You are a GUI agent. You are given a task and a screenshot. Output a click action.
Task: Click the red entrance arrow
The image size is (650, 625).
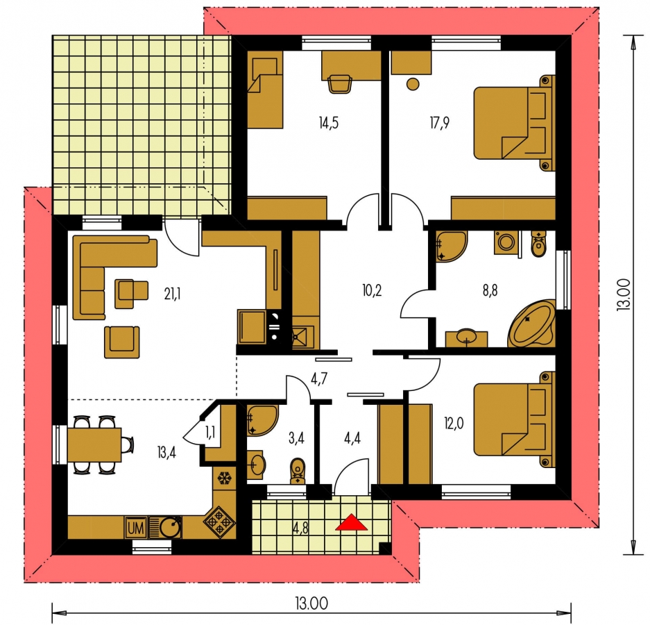pyautogui.click(x=351, y=522)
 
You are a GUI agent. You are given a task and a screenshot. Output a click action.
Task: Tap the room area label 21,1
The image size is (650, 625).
pyautogui.click(x=172, y=294)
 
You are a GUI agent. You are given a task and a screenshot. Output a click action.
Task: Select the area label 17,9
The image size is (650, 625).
pyautogui.click(x=439, y=123)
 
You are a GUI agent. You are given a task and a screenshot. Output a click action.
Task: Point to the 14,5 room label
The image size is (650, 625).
pyautogui.click(x=329, y=123)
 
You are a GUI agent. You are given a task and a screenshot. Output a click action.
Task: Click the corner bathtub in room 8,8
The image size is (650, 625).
pyautogui.click(x=532, y=324)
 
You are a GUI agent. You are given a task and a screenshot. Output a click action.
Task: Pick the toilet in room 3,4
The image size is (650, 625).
pyautogui.click(x=297, y=470)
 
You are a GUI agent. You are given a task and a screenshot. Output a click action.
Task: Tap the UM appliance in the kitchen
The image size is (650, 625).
pyautogui.click(x=136, y=528)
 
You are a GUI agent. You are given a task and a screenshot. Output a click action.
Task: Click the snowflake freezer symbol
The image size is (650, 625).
pyautogui.click(x=224, y=478)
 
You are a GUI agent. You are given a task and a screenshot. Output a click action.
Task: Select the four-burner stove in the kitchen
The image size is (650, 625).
pyautogui.click(x=219, y=522)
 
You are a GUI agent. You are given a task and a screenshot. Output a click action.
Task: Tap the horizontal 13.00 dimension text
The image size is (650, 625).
pyautogui.click(x=311, y=603)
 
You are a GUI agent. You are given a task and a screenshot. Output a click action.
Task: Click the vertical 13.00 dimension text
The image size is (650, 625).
pyautogui.click(x=624, y=294)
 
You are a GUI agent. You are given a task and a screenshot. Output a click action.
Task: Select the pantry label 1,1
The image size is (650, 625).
pyautogui.click(x=210, y=433)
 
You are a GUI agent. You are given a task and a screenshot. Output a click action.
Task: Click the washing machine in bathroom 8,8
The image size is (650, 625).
pyautogui.click(x=506, y=242)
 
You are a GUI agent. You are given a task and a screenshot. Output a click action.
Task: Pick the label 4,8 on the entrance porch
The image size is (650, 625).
pyautogui.click(x=300, y=528)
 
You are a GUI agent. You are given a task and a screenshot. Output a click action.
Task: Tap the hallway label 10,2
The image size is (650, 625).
pyautogui.click(x=372, y=290)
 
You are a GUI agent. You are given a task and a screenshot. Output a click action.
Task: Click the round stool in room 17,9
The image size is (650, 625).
pyautogui.click(x=413, y=84)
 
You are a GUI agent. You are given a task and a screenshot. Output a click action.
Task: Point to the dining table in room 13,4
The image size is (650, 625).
pyautogui.click(x=94, y=444)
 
